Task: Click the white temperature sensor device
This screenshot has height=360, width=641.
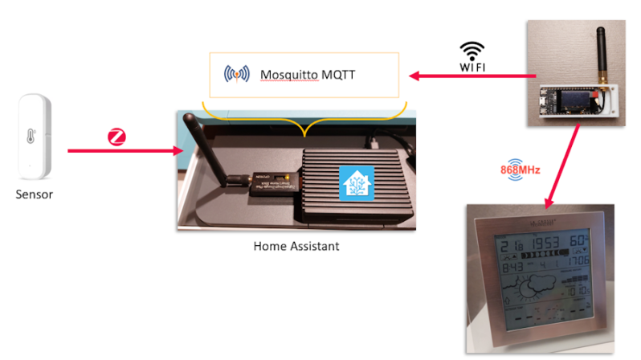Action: click(x=35, y=137)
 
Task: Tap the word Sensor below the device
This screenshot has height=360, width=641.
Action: click(x=35, y=194)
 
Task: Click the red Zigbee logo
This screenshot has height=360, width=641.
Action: click(x=117, y=137)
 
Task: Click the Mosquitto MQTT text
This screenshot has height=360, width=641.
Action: click(x=308, y=75)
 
